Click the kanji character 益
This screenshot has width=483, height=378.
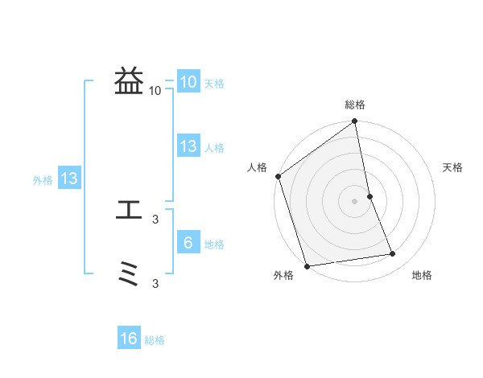(x=129, y=81)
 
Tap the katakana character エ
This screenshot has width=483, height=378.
(x=129, y=211)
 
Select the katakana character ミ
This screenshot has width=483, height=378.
(x=129, y=276)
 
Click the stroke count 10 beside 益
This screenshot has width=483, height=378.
(x=155, y=91)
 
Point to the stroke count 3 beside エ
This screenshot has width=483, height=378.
(x=156, y=219)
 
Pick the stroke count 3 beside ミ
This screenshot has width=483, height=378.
(x=156, y=284)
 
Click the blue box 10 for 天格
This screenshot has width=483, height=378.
(x=188, y=82)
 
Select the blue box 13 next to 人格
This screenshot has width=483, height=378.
(x=188, y=146)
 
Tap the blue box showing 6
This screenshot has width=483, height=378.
(x=188, y=243)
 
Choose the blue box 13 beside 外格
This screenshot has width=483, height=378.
(x=69, y=179)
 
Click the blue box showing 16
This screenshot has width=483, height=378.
(x=129, y=339)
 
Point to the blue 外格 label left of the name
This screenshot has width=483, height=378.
(x=43, y=180)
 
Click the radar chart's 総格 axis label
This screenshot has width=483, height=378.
(x=355, y=105)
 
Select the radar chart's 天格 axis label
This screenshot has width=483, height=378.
(x=452, y=167)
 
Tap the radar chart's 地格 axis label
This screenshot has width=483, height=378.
(x=422, y=275)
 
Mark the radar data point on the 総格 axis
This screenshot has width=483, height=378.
(x=355, y=122)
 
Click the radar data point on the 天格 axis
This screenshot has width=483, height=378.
(x=369, y=195)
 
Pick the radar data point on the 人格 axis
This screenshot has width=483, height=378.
(x=278, y=176)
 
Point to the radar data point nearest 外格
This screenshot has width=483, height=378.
(x=307, y=265)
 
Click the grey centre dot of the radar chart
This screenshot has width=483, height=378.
(x=355, y=200)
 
